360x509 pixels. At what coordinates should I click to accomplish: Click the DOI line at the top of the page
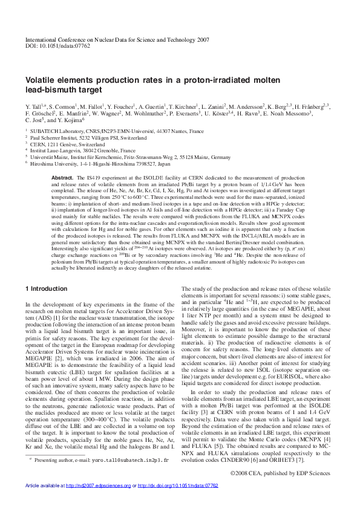tap(57, 45)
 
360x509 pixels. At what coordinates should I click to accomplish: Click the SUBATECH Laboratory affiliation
tap(109, 131)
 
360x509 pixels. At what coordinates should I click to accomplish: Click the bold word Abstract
tap(62, 177)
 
